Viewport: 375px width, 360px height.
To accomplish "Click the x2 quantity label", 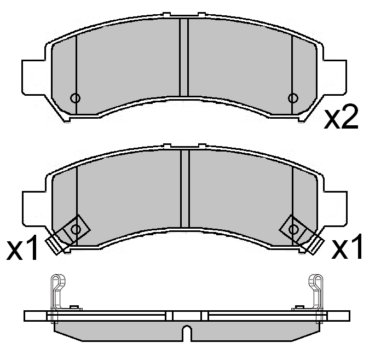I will point(341,118).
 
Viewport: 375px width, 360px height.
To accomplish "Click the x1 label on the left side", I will point(23,249).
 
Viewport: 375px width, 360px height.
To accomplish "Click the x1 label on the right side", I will point(348,249).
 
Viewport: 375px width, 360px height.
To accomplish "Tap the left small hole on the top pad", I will point(76,98).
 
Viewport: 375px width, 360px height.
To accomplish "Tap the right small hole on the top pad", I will point(293,98).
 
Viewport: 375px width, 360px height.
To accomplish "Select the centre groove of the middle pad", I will point(184,189).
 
